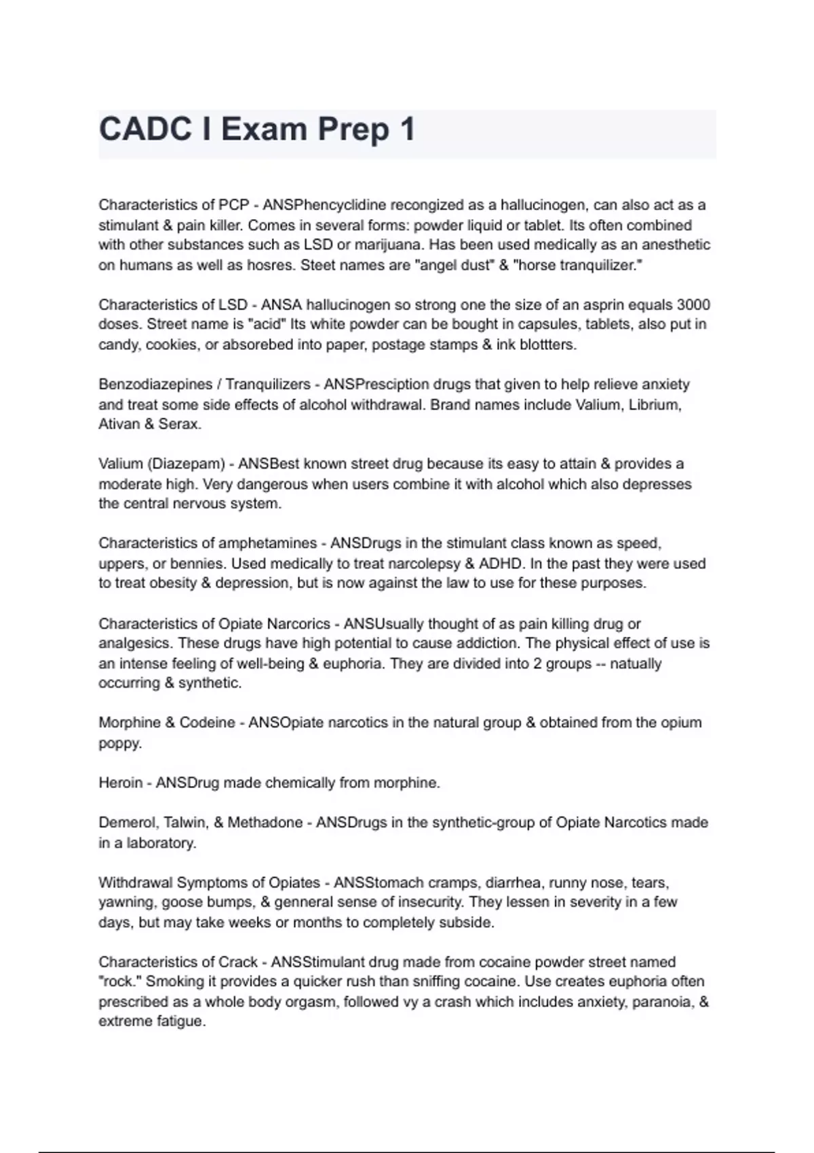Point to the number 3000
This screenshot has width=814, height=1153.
(x=693, y=305)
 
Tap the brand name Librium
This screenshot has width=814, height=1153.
(x=655, y=405)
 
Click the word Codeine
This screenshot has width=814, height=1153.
(x=207, y=723)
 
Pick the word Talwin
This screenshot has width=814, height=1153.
(x=186, y=823)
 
